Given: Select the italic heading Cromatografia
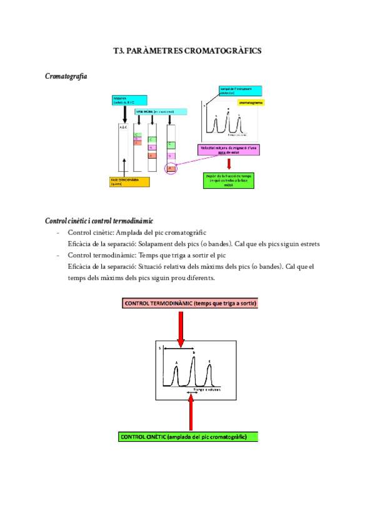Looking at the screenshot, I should coord(66,76).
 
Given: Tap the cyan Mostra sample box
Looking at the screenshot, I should coord(129,100).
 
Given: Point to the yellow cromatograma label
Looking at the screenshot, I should coord(250,102).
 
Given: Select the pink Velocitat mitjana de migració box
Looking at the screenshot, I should coord(229,150).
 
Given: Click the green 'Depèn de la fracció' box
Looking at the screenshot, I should coord(229,180).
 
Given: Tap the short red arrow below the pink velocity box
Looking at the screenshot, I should coord(229,164).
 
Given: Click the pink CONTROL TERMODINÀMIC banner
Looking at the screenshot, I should coord(191,303).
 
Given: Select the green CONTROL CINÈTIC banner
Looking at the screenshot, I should coord(188,436).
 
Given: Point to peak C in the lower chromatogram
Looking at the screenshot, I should coord(209,375).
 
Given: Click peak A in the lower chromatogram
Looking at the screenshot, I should coord(177,375).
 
